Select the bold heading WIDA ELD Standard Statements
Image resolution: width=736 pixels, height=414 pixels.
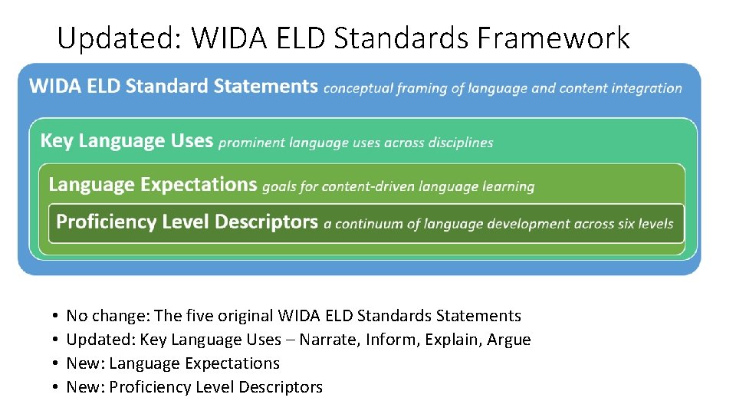[173, 86]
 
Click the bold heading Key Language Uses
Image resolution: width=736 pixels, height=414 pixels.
[127, 141]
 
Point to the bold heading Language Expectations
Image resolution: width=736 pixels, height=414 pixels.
[153, 185]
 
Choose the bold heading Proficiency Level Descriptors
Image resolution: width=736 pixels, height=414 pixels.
[187, 222]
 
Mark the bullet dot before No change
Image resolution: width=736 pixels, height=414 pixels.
[56, 317]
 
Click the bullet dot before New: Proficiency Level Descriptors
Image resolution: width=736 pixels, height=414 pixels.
[56, 388]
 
